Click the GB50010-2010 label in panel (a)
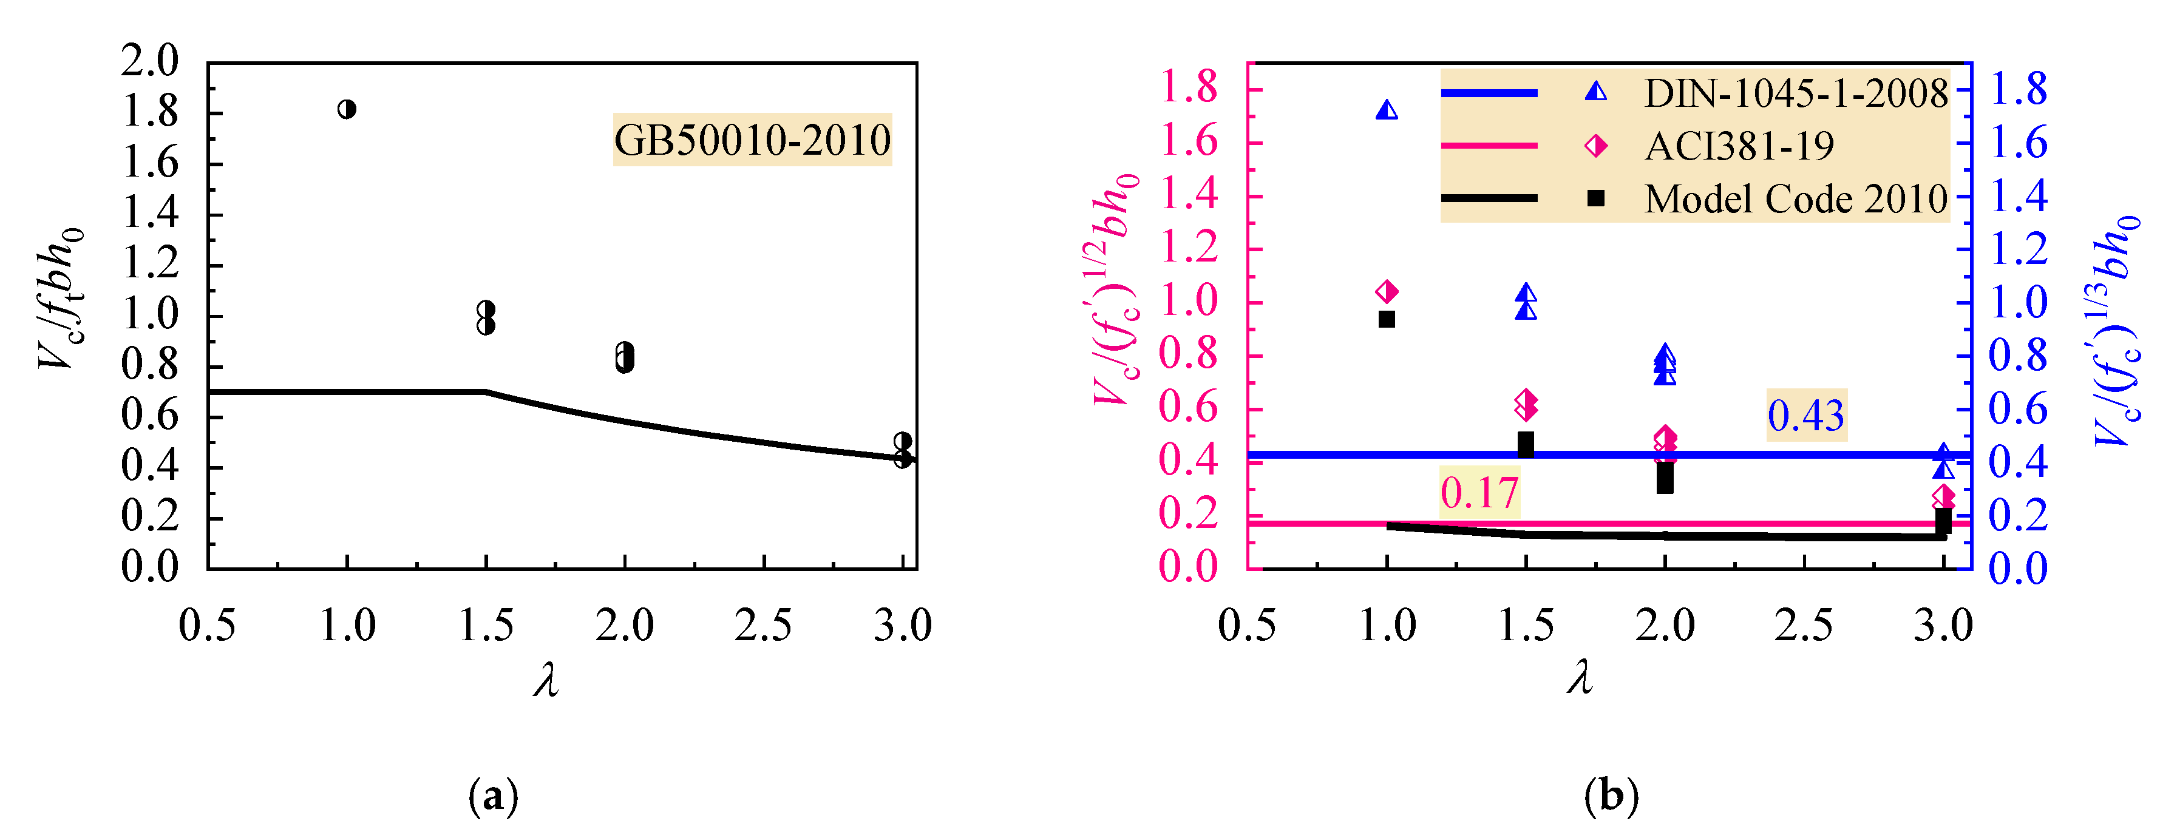tap(752, 140)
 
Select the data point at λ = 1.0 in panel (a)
tap(347, 109)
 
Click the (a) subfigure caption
tap(493, 796)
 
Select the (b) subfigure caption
tap(1611, 796)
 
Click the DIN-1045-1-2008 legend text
tap(1796, 93)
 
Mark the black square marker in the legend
tap(1595, 198)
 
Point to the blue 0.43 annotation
tap(1806, 415)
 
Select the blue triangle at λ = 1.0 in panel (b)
tap(1387, 110)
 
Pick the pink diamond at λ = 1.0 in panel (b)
tap(1387, 291)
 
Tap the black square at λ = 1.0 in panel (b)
tap(1387, 319)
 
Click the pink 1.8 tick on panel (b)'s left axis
tap(1188, 88)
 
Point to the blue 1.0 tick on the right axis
tap(2018, 302)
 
